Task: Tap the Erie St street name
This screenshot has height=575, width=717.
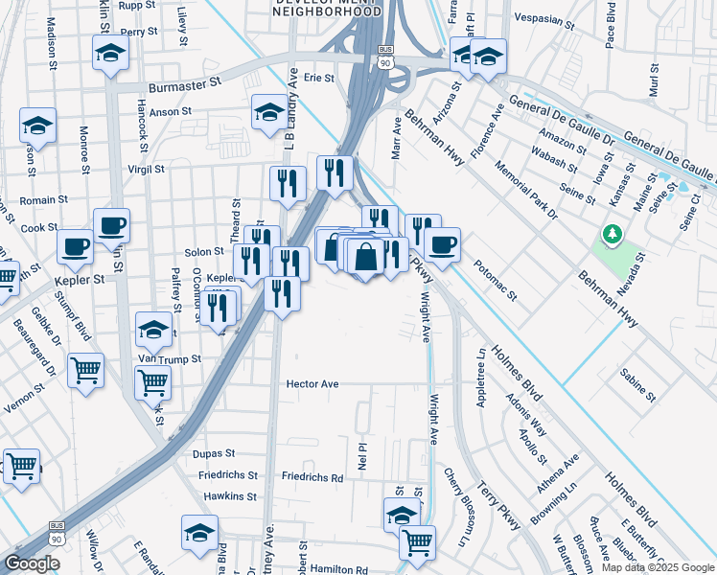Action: tap(317, 78)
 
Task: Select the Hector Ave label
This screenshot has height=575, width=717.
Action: tap(312, 383)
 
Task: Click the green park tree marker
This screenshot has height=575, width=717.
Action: tap(611, 233)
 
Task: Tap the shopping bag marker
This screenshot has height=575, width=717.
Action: tap(366, 256)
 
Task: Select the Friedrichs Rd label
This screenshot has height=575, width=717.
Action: tap(312, 476)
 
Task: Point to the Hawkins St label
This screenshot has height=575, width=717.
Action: tap(230, 496)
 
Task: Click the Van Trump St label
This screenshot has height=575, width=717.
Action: tap(170, 358)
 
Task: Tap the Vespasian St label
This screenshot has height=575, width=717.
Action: tap(544, 17)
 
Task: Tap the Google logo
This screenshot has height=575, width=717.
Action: tap(32, 563)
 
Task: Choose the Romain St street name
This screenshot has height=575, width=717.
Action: tap(44, 200)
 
